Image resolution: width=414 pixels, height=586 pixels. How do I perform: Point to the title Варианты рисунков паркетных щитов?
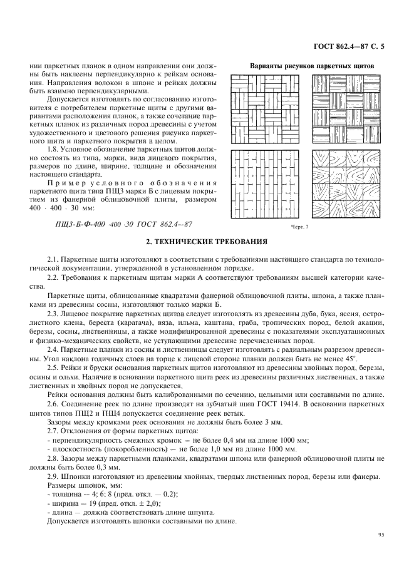point(311,65)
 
